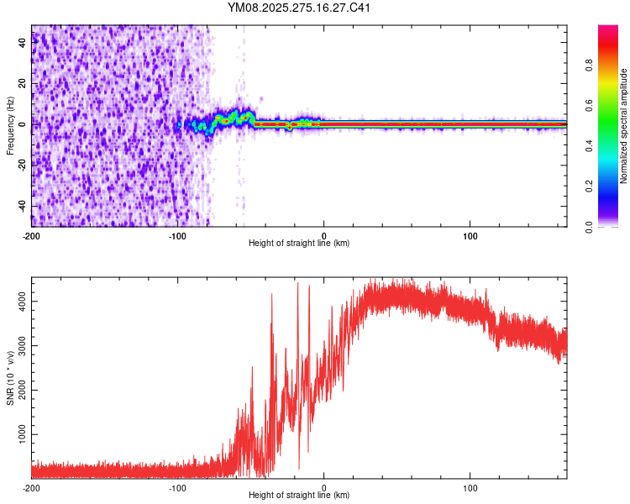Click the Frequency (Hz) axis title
pos(10,124)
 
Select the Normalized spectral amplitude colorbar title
pos(624,125)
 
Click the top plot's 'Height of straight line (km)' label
pos(299,244)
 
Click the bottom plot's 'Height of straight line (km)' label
pos(299,496)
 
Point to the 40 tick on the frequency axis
pos(23,43)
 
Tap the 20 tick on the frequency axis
pos(23,84)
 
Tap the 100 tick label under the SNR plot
pos(470,487)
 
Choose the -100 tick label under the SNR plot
pos(178,487)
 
